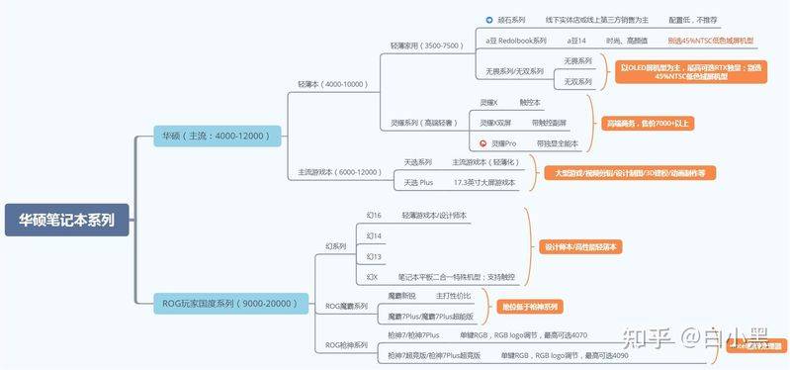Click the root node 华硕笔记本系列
point(67,221)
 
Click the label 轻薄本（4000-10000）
point(332,84)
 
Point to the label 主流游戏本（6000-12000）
point(339,172)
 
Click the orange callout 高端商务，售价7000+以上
point(647,123)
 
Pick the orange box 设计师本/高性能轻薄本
point(582,246)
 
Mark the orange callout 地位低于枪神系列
point(529,307)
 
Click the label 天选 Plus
point(418,183)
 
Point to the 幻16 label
point(374,215)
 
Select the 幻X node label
point(372,277)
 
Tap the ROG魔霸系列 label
point(346,307)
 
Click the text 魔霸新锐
point(401,296)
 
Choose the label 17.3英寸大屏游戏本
point(483,183)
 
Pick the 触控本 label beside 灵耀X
point(530,102)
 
